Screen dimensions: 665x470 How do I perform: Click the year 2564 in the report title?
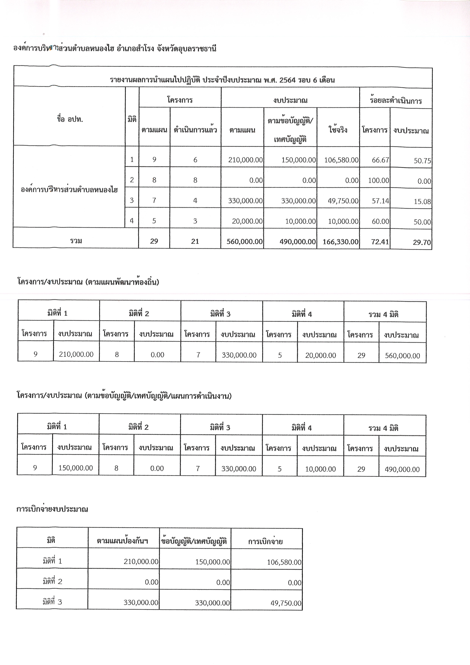[x=286, y=80]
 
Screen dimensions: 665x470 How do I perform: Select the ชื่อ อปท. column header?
[x=70, y=119]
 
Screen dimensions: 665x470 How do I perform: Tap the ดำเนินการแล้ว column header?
[x=195, y=130]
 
